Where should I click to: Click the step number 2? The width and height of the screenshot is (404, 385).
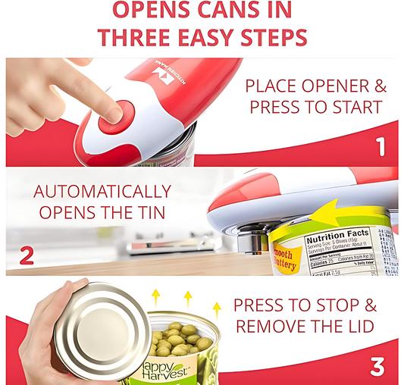click(27, 255)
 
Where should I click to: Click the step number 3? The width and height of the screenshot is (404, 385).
click(376, 367)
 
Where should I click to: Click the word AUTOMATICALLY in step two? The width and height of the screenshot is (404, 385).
click(102, 191)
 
